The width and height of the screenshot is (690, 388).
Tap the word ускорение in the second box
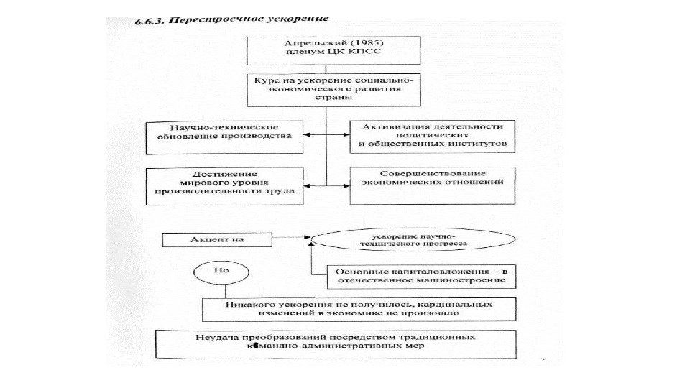pyautogui.click(x=313, y=80)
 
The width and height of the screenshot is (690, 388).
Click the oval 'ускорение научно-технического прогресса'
pyautogui.click(x=412, y=239)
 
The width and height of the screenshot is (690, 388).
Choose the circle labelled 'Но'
pyautogui.click(x=222, y=272)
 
